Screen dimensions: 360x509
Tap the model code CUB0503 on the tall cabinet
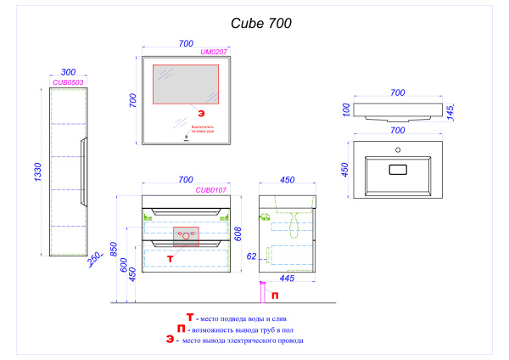click(68, 82)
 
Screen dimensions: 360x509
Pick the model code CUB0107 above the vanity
click(210, 190)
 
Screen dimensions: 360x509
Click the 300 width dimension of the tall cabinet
click(68, 73)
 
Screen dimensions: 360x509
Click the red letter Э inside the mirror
click(201, 112)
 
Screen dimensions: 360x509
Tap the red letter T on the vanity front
click(170, 256)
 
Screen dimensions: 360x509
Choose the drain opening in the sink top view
click(396, 169)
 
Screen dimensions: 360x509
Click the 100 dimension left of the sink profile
click(346, 110)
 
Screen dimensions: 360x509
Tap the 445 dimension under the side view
click(287, 278)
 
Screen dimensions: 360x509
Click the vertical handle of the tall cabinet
click(82, 171)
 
